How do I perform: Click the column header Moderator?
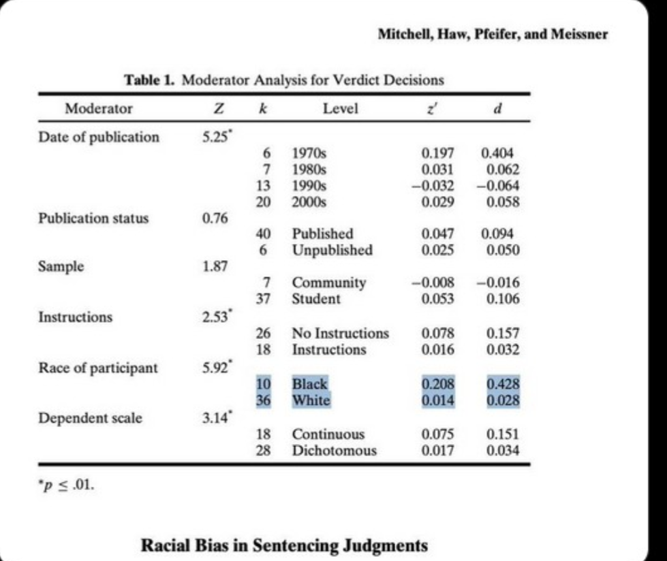point(99,109)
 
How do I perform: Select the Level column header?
point(340,109)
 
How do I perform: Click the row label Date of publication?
point(99,138)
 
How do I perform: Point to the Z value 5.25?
point(216,136)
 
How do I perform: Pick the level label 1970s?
point(309,153)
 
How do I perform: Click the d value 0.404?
point(497,153)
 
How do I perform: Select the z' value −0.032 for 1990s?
point(433,186)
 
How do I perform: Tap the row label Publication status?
point(93,219)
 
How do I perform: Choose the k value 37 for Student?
point(263,299)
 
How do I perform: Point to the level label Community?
point(329,283)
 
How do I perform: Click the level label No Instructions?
point(340,333)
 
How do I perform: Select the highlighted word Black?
point(310,384)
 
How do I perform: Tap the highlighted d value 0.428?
point(503,384)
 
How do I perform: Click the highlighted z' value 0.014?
point(437,400)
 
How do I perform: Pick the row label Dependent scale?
point(90,418)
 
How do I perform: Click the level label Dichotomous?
point(335,451)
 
